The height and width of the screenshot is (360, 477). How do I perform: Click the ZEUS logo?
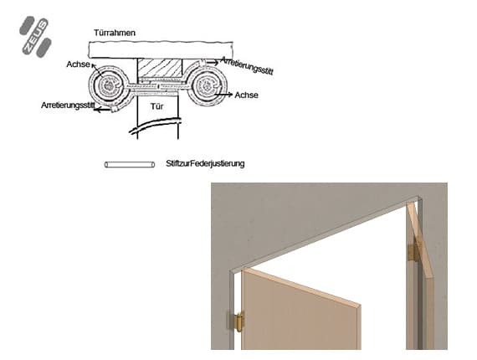35,37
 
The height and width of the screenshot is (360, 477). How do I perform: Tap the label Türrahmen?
115,33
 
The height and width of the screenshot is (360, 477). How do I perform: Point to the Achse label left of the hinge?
78,64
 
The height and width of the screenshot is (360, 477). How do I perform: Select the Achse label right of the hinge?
246,95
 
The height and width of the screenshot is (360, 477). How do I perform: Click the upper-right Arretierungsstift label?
247,65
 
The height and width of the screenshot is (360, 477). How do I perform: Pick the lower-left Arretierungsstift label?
68,105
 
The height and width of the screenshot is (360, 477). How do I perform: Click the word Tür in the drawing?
157,106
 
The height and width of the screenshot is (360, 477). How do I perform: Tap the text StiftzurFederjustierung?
205,164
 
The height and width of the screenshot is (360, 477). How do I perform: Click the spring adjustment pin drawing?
130,165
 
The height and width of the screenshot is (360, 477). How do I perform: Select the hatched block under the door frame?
160,68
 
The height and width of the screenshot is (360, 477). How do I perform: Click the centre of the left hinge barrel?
108,85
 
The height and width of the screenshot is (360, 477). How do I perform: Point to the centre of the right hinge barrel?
208,85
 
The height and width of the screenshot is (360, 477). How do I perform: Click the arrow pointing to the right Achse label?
223,95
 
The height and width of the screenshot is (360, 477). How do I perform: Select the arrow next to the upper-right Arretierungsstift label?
211,63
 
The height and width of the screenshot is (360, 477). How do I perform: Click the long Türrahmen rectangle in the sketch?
161,49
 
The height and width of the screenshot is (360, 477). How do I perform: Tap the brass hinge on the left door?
237,321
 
